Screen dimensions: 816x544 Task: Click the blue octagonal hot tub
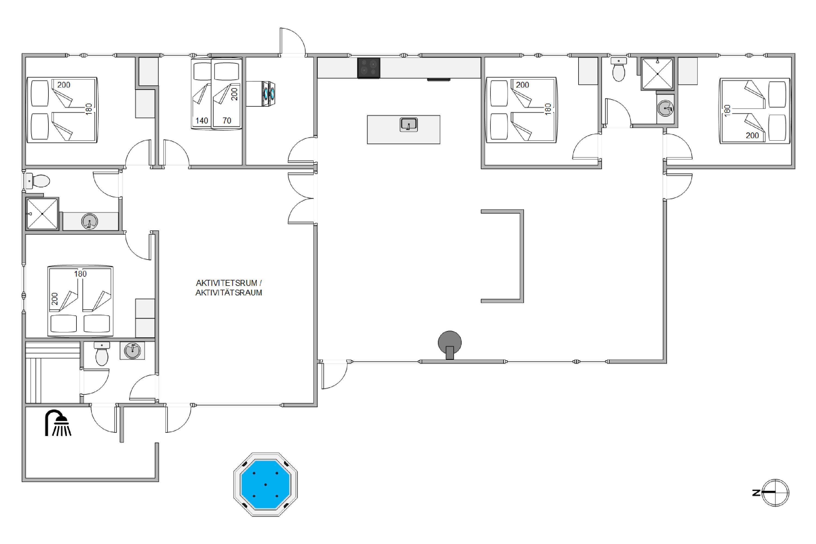(265, 484)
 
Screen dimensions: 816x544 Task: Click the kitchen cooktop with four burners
(369, 68)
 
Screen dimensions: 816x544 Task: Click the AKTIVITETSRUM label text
(226, 283)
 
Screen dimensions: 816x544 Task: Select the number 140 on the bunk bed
(202, 120)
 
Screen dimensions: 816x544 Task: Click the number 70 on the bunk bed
(227, 120)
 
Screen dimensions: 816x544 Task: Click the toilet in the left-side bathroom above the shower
(38, 181)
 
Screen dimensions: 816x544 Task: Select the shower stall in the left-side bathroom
(42, 214)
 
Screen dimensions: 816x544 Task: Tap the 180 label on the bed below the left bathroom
(80, 274)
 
